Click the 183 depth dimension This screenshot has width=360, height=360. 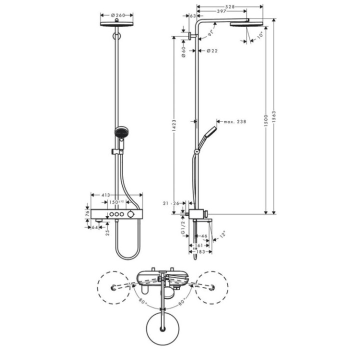point(200,252)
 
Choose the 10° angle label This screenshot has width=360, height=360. point(260,36)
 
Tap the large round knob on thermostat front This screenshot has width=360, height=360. point(131,214)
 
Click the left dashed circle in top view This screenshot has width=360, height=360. point(115,287)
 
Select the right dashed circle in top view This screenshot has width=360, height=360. point(212,287)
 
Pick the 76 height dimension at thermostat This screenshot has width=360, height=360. point(87,213)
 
